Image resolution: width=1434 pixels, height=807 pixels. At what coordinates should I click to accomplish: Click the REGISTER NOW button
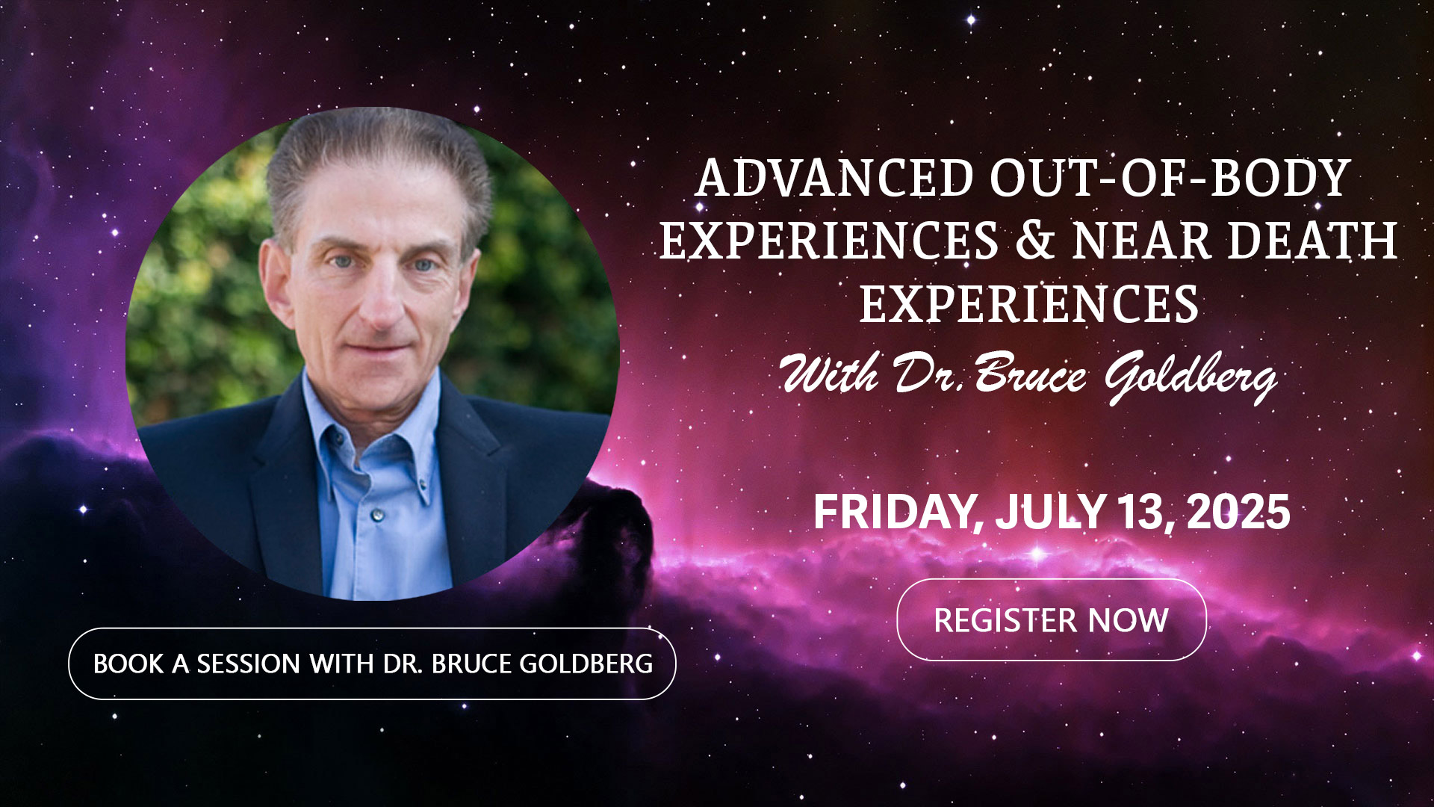click(1051, 619)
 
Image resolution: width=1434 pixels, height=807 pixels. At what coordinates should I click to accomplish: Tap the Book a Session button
click(372, 664)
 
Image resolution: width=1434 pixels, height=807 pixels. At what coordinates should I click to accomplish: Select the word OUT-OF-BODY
click(1170, 178)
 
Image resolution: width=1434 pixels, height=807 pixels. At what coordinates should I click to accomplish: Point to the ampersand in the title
click(1035, 241)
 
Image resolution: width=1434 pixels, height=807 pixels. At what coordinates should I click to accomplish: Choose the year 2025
click(1238, 513)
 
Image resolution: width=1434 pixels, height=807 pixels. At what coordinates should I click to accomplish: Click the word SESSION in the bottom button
click(248, 664)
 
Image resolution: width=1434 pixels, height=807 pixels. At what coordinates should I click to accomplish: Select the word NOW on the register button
click(1128, 620)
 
